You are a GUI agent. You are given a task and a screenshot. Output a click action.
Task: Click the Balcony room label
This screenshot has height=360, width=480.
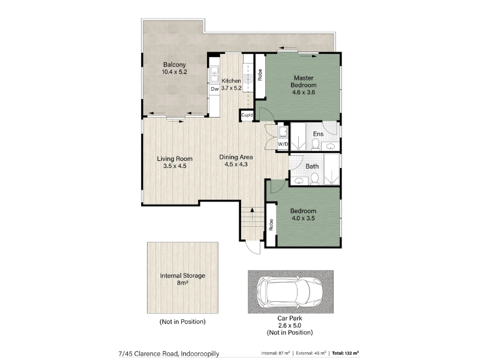coord(174,65)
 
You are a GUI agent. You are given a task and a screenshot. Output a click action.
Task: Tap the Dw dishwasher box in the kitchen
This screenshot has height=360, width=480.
coord(215,89)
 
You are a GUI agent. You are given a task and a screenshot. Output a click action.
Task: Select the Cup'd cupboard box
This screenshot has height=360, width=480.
coord(247,115)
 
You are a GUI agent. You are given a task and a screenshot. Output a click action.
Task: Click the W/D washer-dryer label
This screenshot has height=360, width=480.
coord(283,144)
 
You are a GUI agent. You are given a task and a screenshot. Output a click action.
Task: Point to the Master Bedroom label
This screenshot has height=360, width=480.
coord(304,82)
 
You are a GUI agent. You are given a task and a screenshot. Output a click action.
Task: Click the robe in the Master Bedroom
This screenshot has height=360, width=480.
coord(260,76)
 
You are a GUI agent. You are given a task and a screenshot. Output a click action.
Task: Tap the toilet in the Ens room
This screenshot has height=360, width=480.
coord(316,145)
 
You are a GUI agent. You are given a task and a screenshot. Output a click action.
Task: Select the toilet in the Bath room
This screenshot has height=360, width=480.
coord(314,179)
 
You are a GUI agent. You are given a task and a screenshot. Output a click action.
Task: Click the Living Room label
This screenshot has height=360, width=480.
coord(175,158)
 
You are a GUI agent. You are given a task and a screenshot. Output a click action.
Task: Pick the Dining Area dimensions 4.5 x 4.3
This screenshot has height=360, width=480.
coord(236,164)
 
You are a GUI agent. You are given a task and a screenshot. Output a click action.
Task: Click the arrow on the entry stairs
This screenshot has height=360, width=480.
coord(252,214)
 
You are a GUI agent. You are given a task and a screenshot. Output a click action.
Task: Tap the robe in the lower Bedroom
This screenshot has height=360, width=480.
coord(271,224)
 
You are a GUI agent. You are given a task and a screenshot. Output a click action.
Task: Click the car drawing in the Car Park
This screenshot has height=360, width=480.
coord(290,291)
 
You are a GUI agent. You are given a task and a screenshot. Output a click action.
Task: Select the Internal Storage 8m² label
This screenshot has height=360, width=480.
coord(182,279)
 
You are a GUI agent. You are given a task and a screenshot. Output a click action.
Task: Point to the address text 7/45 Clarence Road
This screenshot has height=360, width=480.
coord(148,353)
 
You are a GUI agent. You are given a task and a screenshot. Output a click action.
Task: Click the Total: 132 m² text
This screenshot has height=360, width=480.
coord(345,353)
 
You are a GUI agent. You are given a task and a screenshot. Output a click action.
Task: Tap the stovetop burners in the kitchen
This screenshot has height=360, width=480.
coord(247,78)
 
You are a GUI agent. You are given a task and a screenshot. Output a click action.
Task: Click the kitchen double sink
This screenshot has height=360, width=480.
coord(215,74)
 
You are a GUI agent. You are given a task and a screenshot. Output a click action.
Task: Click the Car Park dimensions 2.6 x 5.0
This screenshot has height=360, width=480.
coord(289,325)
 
